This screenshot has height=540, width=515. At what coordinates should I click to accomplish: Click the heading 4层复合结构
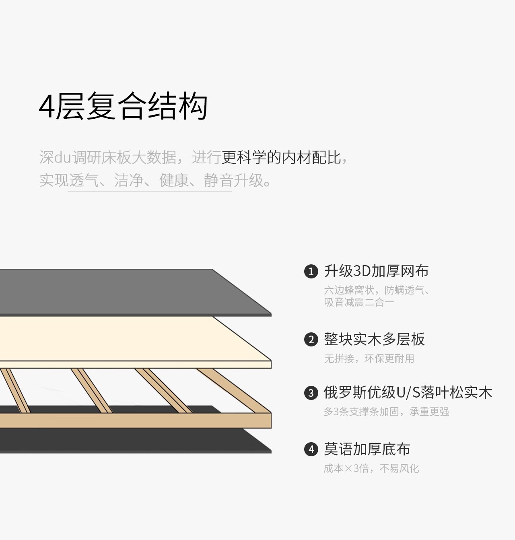point(123,106)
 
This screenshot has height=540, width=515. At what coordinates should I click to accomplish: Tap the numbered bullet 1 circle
point(311,272)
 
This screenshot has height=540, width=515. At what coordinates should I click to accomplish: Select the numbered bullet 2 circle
point(311,340)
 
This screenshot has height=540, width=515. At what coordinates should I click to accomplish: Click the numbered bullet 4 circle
point(311,449)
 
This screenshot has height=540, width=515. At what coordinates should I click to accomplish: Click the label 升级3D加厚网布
point(376,271)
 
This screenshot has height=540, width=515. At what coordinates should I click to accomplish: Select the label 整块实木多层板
point(374,340)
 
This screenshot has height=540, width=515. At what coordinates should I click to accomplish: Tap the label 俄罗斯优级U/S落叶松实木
point(408,392)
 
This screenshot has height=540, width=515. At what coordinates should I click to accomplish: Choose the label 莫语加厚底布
point(367,449)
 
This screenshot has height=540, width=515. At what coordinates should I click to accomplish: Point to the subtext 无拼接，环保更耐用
point(369,359)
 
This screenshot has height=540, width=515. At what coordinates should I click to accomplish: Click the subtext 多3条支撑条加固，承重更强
point(386,412)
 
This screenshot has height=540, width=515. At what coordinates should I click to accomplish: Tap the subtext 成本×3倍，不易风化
point(371,468)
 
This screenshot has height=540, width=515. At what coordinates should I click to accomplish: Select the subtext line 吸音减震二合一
point(359,302)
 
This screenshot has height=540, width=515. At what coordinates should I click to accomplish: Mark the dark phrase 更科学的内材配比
point(281,157)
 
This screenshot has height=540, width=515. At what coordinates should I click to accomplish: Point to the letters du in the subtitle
point(62,157)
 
